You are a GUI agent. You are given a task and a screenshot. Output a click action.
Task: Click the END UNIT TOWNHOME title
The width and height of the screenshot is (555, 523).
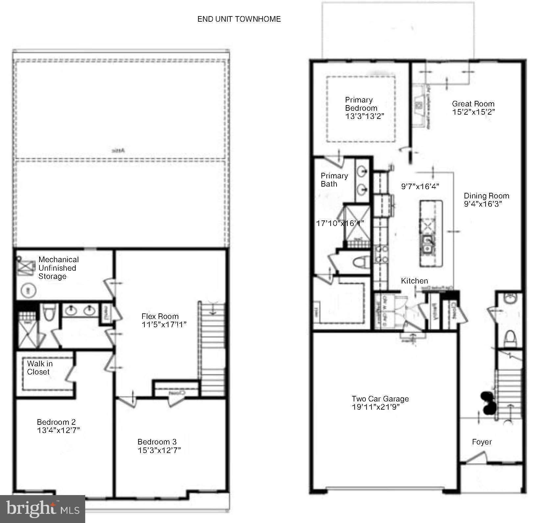239,19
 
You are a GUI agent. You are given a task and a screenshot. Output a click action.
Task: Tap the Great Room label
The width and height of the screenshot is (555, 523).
473,104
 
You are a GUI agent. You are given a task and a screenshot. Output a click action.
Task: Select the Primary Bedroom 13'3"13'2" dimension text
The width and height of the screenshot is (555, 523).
365,116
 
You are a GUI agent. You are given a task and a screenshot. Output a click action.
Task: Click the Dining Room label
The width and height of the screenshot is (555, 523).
486,196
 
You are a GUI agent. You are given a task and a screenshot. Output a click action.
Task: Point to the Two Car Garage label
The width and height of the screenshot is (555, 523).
380,399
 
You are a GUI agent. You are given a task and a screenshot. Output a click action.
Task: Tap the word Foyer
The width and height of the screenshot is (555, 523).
482,442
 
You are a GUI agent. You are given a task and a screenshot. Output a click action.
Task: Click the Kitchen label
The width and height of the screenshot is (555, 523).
414,281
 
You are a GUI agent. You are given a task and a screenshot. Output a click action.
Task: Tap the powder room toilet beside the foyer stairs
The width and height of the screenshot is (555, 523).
510,338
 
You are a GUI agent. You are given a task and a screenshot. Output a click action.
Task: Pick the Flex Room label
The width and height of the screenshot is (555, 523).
160,316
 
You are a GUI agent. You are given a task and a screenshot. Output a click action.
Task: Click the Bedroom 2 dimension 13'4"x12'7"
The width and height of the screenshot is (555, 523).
58,430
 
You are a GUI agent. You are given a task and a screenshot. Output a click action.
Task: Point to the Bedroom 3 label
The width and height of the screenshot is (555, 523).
157,442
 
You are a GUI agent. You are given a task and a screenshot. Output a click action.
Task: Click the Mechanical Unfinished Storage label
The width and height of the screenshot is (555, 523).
58,268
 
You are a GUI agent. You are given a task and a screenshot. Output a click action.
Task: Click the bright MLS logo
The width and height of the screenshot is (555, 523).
42,509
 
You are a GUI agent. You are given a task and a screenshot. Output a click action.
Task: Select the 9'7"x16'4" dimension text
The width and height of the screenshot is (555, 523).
420,187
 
